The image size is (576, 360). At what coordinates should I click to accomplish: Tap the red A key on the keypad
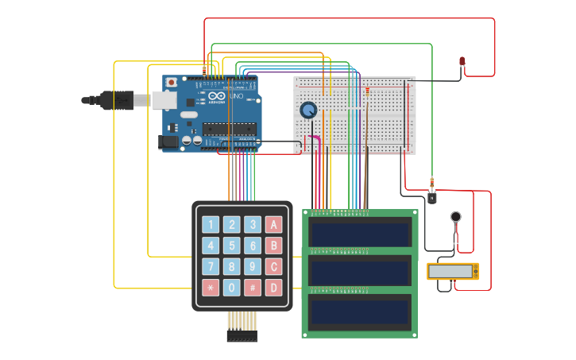pyautogui.click(x=273, y=224)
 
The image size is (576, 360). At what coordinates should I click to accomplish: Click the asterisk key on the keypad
pyautogui.click(x=211, y=287)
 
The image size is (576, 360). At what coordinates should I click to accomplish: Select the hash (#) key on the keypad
pyautogui.click(x=253, y=287)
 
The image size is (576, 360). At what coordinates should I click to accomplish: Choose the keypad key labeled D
pyautogui.click(x=273, y=287)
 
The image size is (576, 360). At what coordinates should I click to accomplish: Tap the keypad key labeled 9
pyautogui.click(x=253, y=266)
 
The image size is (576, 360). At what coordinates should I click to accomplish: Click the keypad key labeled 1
pyautogui.click(x=211, y=224)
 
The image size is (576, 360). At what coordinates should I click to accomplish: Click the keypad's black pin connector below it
pyautogui.click(x=242, y=336)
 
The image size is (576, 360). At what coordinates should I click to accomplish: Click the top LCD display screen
pyautogui.click(x=360, y=234)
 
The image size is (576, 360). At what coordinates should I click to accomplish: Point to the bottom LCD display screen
pyautogui.click(x=360, y=312)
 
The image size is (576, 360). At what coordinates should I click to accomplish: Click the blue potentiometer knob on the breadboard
pyautogui.click(x=308, y=110)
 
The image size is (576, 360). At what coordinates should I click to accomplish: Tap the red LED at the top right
pyautogui.click(x=462, y=61)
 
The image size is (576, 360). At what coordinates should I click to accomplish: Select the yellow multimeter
pyautogui.click(x=453, y=271)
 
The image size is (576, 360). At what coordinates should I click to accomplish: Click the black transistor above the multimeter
pyautogui.click(x=431, y=198)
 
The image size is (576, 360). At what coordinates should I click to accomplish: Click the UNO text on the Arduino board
pyautogui.click(x=236, y=96)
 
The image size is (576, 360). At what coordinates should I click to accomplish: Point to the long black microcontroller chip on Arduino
pyautogui.click(x=228, y=129)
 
